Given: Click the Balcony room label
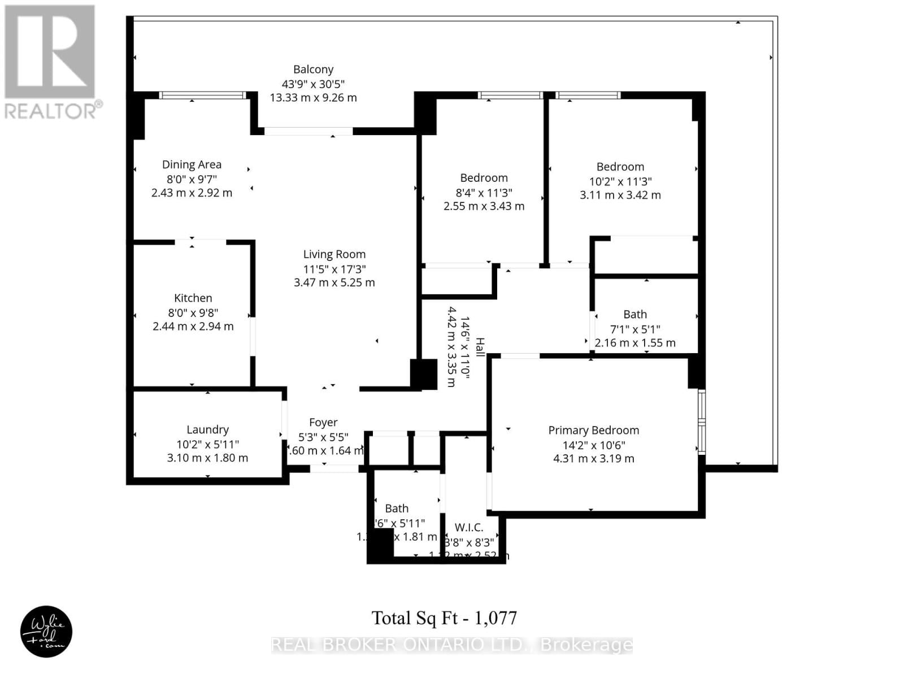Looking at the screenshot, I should pos(313,69).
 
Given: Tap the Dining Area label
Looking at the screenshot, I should pos(192,164).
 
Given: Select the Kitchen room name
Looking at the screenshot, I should pos(193,298).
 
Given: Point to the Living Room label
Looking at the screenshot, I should pos(334,254).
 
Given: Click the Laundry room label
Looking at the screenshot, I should pos(207,429).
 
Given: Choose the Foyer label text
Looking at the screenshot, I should pos(323,422).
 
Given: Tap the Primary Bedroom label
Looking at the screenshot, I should pos(593,430).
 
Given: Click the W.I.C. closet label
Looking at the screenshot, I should pos(469,527).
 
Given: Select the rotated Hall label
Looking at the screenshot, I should pos(480,347).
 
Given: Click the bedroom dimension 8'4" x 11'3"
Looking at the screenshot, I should pos(484,193).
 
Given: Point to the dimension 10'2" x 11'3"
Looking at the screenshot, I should pos(620,181).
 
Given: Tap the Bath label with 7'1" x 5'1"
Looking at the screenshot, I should pos(635,314).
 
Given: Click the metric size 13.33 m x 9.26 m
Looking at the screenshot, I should pos(313,97).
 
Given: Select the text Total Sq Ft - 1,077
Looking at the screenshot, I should pos(444,618).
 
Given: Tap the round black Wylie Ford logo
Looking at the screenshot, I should pos(46,631).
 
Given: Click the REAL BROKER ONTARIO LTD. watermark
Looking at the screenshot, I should pos(452,645).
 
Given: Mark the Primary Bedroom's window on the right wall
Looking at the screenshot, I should pos(701,421).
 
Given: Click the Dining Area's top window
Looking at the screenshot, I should pos(202,95).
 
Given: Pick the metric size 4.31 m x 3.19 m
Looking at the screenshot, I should pos(593,458).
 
